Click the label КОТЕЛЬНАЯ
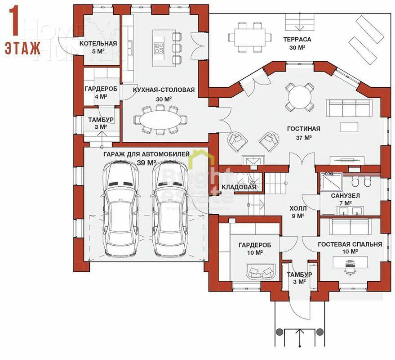tap(98, 44)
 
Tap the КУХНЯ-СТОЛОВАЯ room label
tap(164, 90)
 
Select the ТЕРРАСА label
tap(297, 39)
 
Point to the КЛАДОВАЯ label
tap(239, 187)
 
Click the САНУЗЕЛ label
tap(345, 197)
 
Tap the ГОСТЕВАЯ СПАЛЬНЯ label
tap(350, 244)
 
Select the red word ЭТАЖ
tap(22, 48)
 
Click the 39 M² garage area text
tap(146, 162)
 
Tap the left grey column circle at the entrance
tap(279, 332)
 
